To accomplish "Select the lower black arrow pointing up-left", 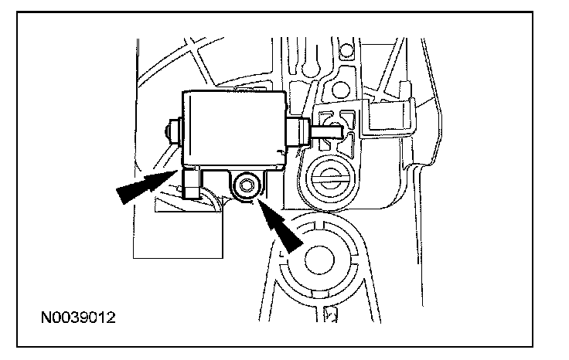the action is point(280,224).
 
